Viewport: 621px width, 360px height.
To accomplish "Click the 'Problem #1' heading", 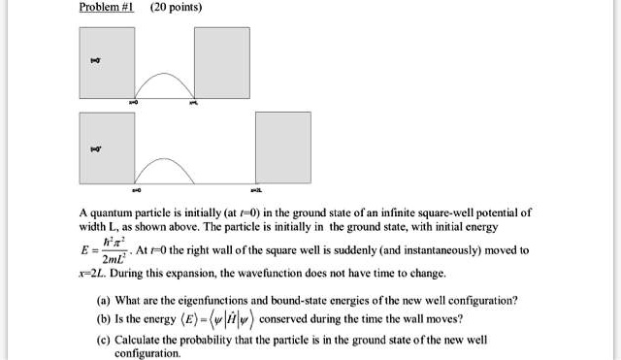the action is pyautogui.click(x=104, y=8).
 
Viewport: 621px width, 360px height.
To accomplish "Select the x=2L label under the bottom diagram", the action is pyautogui.click(x=256, y=190).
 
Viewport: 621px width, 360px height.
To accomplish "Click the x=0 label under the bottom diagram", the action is pyautogui.click(x=135, y=190).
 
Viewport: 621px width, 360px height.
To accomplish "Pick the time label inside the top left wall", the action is pyautogui.click(x=94, y=60).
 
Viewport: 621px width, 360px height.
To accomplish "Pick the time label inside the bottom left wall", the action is pyautogui.click(x=94, y=148).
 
